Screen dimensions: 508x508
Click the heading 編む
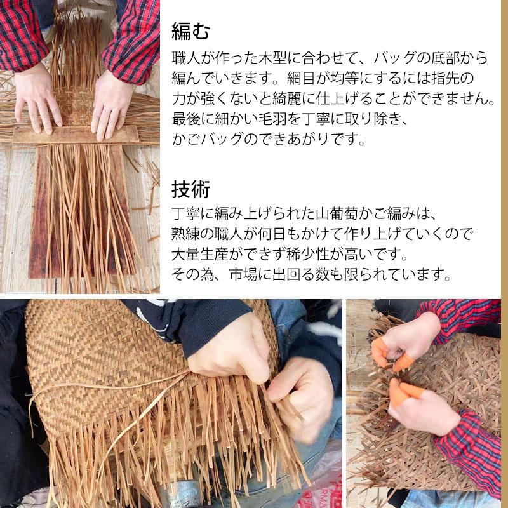tap(191, 30)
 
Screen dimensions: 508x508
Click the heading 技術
tap(191, 189)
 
